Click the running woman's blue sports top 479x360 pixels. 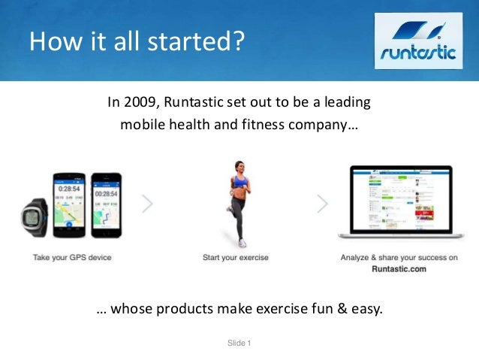point(240,180)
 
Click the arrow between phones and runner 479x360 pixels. point(148,204)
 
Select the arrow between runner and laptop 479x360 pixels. point(324,204)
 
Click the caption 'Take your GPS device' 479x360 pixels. point(72,258)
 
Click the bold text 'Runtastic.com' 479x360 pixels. point(399,268)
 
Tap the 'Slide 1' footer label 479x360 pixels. point(239,343)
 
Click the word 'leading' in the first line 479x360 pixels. point(347,102)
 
